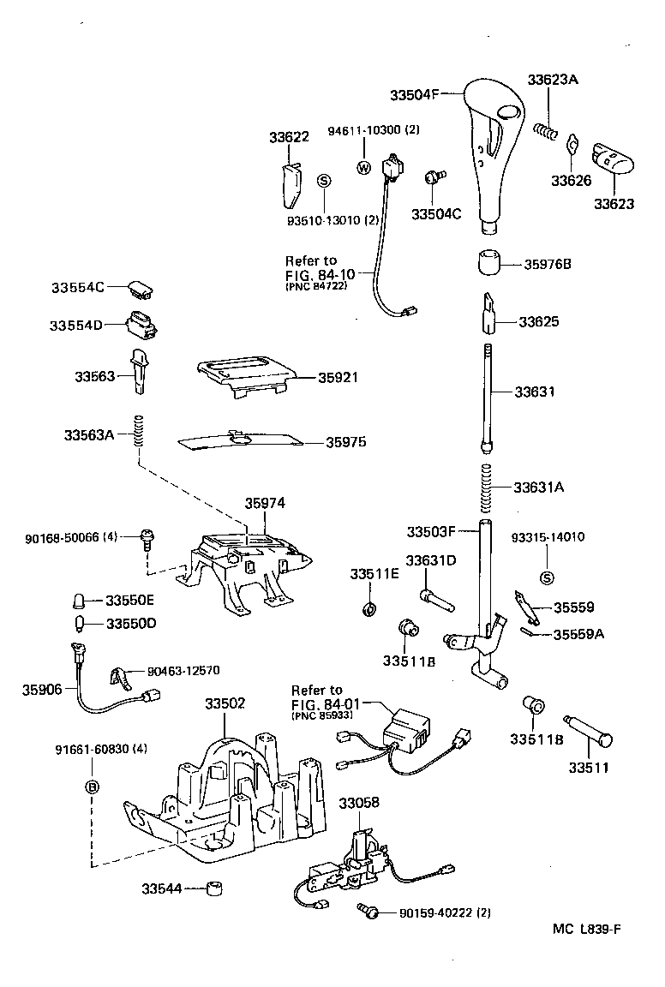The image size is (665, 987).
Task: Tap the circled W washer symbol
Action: tap(362, 168)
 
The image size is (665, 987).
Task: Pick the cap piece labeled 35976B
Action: tap(489, 262)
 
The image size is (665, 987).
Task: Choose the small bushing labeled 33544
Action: tap(215, 888)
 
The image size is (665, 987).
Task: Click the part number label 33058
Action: tap(359, 803)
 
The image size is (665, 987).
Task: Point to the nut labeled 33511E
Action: tap(369, 609)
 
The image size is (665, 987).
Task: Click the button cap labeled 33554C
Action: tap(141, 288)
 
